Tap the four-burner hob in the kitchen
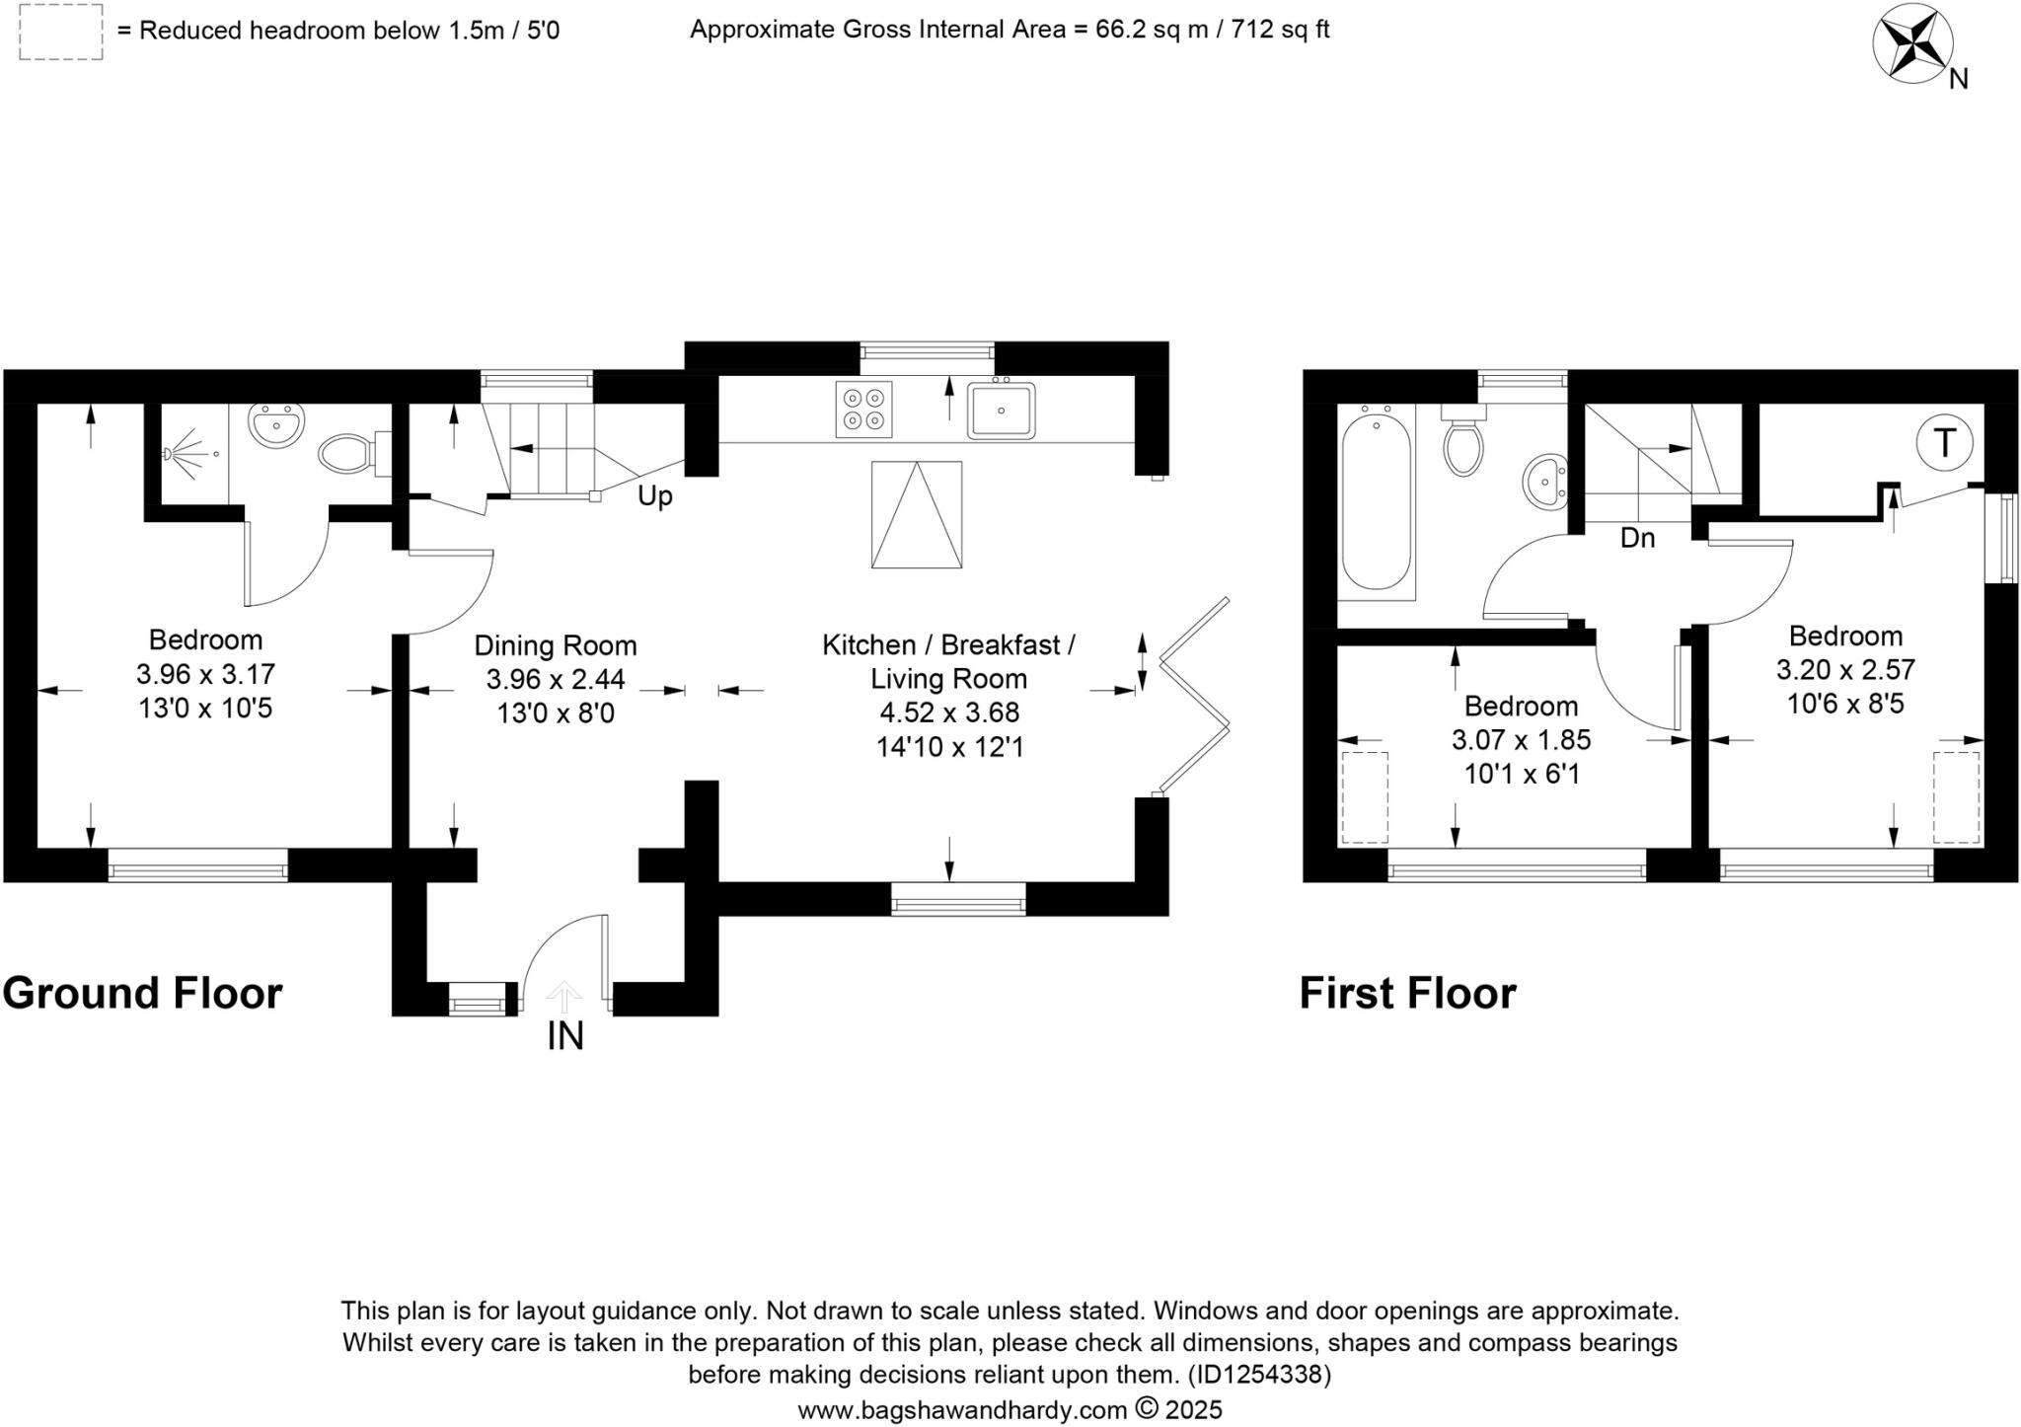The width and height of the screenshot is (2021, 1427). point(863,409)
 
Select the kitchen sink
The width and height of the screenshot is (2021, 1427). point(1001,411)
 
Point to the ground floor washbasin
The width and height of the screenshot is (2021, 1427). point(274,427)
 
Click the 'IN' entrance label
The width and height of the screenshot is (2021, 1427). point(565,1036)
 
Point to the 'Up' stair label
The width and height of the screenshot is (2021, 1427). point(654,495)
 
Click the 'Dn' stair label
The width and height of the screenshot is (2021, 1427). point(1637,538)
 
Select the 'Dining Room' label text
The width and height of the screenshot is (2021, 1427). point(556,645)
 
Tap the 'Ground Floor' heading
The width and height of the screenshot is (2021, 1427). point(143,993)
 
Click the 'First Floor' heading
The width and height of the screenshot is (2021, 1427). point(1407,993)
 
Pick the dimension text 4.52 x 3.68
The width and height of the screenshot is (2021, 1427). point(949,713)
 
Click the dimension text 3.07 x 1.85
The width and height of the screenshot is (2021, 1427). point(1521,740)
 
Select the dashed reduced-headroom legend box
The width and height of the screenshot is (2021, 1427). point(60,32)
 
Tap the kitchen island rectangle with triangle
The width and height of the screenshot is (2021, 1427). point(916,514)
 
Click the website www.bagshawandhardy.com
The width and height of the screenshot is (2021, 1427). point(962,1409)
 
